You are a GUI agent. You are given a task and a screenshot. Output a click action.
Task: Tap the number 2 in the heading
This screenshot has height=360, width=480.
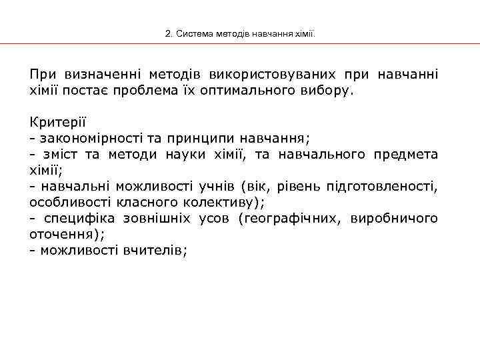168,33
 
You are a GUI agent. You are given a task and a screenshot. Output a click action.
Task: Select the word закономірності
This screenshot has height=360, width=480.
87,138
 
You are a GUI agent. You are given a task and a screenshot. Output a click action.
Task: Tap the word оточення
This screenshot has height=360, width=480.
64,234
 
